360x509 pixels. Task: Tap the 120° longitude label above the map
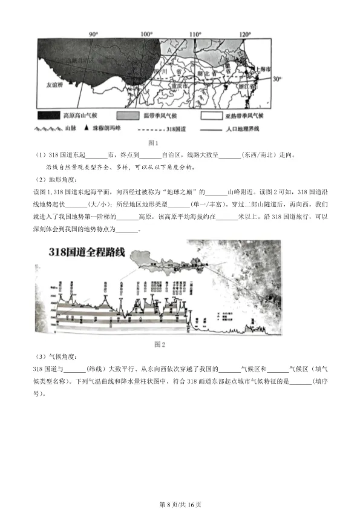[244, 34]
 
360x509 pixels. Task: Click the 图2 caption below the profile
[160, 344]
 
